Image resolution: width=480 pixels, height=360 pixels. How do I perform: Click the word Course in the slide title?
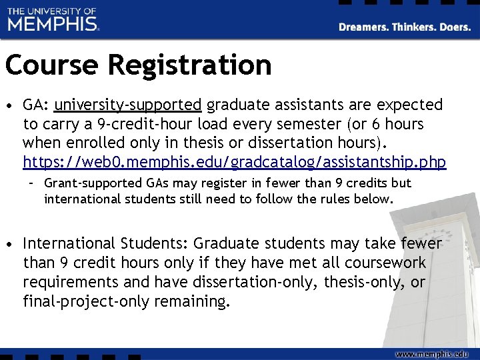(51, 65)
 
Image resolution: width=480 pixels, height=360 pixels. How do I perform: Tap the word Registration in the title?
(189, 65)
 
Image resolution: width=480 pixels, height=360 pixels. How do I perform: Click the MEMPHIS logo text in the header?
(53, 24)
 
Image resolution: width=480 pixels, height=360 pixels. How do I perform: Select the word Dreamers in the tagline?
(363, 27)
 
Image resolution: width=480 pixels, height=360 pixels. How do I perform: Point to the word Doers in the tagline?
(455, 27)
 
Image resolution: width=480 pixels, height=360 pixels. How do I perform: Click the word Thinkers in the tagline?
(411, 27)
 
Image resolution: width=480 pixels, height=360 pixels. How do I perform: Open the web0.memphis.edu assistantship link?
(234, 162)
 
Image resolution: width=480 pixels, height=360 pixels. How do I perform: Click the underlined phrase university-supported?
(128, 105)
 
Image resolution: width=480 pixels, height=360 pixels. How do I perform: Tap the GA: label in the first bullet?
(36, 105)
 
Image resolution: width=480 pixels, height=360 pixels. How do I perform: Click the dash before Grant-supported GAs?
(31, 183)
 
